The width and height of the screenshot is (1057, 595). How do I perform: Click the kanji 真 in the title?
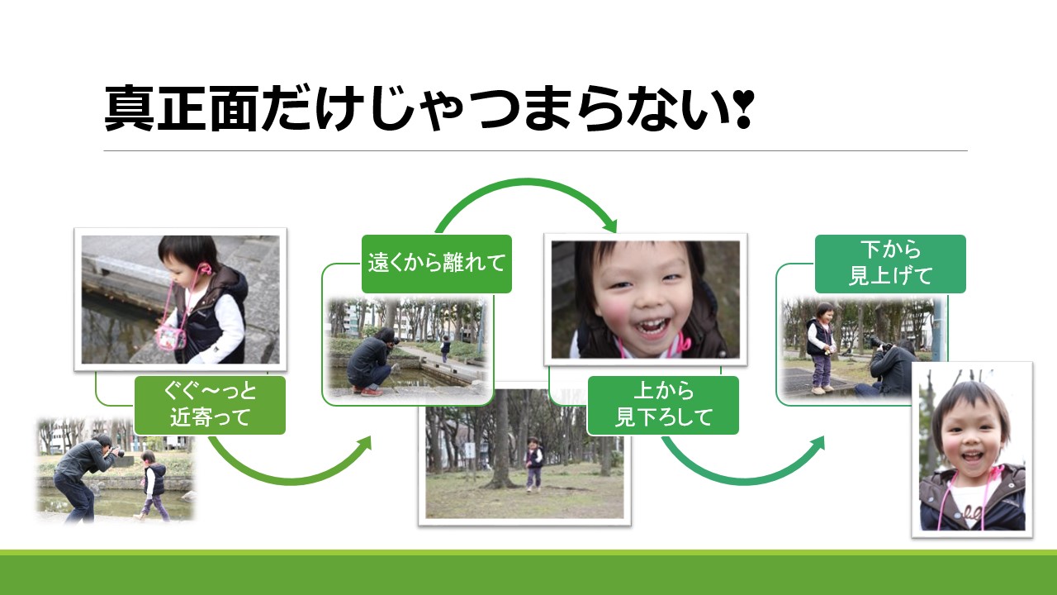point(129,108)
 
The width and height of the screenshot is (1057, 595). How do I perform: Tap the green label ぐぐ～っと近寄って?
point(210,405)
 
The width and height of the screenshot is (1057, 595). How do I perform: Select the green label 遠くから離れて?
point(437,264)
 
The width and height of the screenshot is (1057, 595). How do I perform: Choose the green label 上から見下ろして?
point(663,405)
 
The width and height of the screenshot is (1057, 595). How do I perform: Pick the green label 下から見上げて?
point(890,264)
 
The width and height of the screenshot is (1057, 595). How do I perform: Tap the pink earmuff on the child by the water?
point(206,270)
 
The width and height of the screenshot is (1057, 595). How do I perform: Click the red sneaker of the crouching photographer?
point(372,391)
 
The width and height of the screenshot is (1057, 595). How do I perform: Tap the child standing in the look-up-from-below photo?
point(822,348)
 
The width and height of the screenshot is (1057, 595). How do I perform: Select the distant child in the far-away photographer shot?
point(445,349)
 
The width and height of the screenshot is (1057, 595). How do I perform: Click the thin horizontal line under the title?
point(536,150)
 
